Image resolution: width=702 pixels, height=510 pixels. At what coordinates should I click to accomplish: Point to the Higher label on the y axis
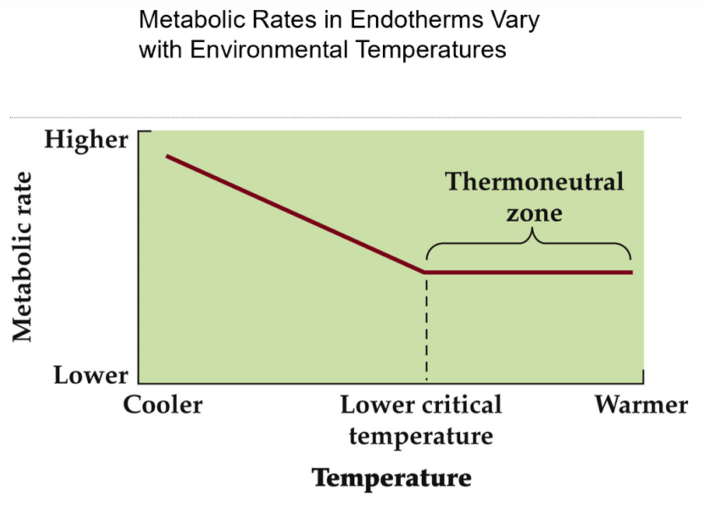[x=86, y=140]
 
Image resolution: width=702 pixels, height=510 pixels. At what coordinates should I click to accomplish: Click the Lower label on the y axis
[x=90, y=375]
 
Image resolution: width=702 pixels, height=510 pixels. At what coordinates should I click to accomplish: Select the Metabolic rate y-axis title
[x=23, y=257]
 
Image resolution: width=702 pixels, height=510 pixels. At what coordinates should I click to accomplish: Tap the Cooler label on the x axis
[x=163, y=406]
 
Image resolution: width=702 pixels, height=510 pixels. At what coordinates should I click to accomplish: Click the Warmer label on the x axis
[x=641, y=406]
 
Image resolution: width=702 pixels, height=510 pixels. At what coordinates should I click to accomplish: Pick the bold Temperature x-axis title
[x=391, y=477]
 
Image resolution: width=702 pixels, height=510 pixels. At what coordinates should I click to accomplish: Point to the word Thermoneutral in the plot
[x=534, y=182]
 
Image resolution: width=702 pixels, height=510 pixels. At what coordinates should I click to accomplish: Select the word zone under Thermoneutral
[x=534, y=211]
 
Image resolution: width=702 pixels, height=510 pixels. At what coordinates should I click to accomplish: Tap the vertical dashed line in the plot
[x=426, y=327]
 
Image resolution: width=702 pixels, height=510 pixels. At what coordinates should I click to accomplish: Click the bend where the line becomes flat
[x=425, y=273]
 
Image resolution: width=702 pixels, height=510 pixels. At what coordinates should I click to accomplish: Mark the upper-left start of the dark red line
[x=167, y=157]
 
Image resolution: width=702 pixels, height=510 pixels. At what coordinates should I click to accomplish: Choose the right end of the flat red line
[x=631, y=273]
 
